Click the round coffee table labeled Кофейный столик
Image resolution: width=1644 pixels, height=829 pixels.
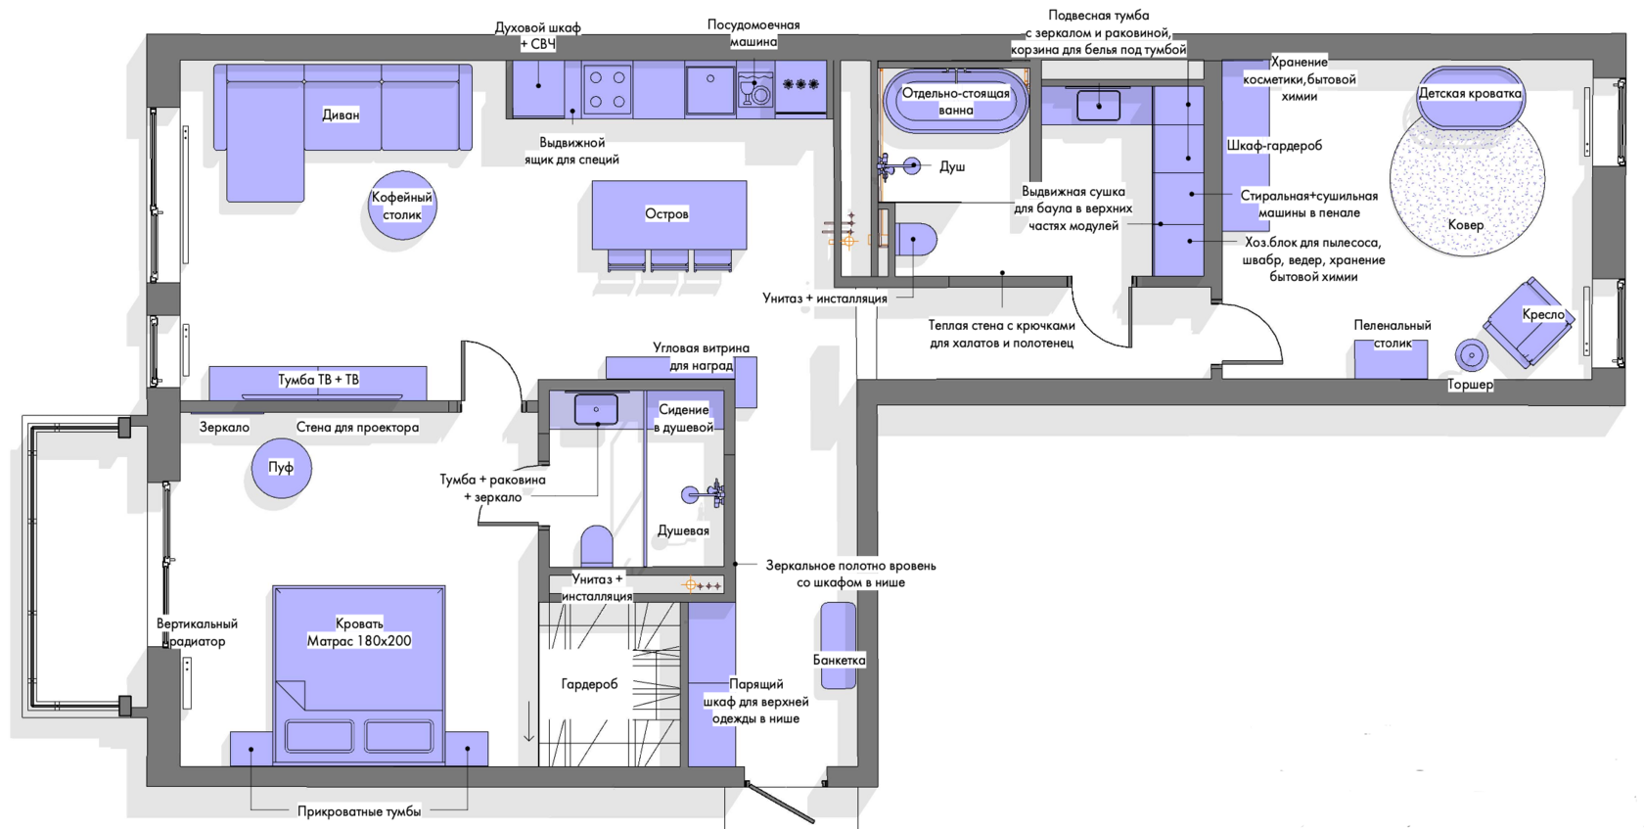(x=402, y=206)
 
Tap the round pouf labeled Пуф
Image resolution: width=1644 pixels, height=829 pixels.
(x=281, y=468)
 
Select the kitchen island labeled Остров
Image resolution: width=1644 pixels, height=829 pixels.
(x=669, y=215)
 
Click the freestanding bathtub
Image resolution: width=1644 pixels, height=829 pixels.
(x=955, y=102)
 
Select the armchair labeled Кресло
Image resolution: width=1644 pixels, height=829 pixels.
(x=1529, y=322)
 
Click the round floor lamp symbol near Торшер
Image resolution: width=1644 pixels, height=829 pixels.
(x=1472, y=356)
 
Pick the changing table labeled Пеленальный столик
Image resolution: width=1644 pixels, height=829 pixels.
(x=1391, y=358)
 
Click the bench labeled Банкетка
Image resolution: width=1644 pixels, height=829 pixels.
(x=838, y=645)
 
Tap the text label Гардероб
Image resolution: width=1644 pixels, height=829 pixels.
(x=589, y=684)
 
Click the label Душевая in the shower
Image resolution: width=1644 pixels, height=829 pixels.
(x=683, y=530)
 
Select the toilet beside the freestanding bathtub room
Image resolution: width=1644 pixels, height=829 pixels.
(x=914, y=240)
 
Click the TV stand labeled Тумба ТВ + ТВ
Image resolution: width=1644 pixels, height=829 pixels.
(x=318, y=384)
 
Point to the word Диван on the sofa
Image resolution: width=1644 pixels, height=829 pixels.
(x=341, y=115)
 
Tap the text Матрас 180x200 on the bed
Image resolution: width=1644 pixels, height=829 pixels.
(x=359, y=641)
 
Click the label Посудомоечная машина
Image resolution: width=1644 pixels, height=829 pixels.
(x=753, y=33)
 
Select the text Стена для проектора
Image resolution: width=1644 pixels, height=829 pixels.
(x=357, y=428)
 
